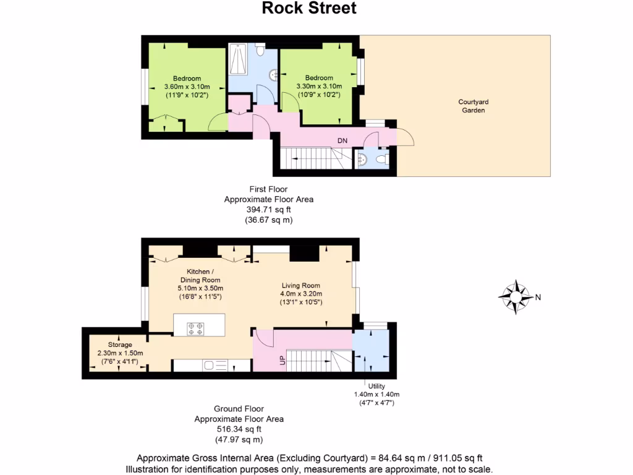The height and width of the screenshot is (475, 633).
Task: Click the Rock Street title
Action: click(309, 9)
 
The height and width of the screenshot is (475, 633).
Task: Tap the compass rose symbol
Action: click(516, 297)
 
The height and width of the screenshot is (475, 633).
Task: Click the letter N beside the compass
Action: click(538, 297)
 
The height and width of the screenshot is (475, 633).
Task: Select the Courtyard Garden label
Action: click(473, 106)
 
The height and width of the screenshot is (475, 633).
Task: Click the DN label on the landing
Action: click(342, 141)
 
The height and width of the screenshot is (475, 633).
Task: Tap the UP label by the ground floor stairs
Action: click(283, 359)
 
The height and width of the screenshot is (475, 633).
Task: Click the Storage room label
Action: click(120, 344)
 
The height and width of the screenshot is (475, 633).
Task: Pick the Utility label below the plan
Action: click(376, 386)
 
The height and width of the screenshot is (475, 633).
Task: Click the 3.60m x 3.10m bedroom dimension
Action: click(187, 87)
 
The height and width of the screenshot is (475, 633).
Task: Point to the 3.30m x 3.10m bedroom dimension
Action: click(318, 87)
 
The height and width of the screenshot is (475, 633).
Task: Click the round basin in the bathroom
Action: click(273, 75)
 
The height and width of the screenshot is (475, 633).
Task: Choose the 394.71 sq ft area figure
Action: click(268, 210)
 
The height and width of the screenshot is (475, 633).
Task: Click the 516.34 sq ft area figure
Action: click(239, 429)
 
